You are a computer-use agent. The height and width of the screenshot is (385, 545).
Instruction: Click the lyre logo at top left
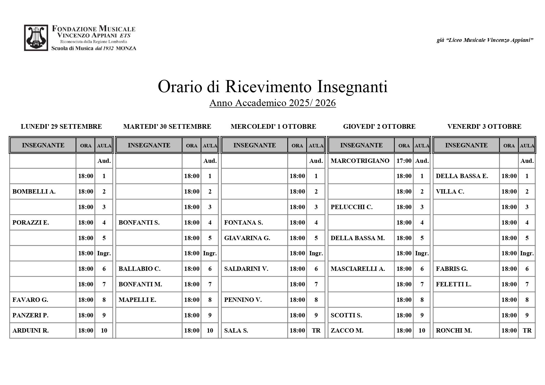pos(36,38)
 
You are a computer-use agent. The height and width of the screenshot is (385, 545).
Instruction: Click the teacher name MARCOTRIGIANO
pos(360,161)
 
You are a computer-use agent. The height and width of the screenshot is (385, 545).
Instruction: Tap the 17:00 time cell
pos(404,161)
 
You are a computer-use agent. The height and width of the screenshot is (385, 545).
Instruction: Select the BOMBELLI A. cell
pos(34,192)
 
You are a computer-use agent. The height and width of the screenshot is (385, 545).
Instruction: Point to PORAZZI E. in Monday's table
pos(31,222)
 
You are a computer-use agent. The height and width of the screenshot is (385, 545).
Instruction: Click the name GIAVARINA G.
pos(247,238)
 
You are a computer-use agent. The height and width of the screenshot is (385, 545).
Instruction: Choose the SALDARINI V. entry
pos(246,269)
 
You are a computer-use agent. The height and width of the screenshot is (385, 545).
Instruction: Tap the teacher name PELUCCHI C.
pos(352,207)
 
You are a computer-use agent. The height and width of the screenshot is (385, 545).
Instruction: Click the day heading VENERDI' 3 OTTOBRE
pos(484,127)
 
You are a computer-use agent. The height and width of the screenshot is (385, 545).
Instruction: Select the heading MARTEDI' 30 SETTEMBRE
pos(167,127)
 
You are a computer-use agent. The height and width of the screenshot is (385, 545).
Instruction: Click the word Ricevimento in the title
pos(268,87)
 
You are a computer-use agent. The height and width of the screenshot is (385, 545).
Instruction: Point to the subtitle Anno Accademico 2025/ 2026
pos(272,103)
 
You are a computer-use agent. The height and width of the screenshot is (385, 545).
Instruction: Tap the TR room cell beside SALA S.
pos(316,330)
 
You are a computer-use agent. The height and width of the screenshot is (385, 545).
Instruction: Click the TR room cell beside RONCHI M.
pos(527,330)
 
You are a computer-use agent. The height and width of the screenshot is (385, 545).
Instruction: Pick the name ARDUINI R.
pos(30,330)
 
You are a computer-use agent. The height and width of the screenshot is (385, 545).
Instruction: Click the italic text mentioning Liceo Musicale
pos(485,40)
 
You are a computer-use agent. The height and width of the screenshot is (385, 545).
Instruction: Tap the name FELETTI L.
pos(453,284)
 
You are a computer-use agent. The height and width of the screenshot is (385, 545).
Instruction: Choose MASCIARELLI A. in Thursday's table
pos(358,269)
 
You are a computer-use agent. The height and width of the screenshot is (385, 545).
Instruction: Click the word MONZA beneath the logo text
pos(126,48)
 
